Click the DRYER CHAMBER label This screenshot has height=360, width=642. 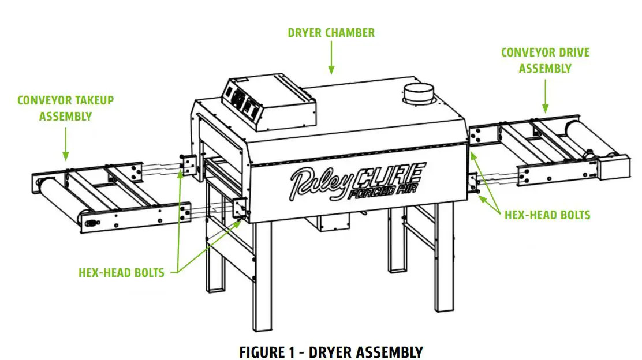click(x=331, y=32)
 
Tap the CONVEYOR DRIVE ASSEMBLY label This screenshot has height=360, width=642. click(x=545, y=60)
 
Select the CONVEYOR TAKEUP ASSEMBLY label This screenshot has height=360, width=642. click(x=65, y=108)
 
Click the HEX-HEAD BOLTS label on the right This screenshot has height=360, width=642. click(x=547, y=215)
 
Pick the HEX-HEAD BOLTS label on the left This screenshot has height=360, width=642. click(x=121, y=272)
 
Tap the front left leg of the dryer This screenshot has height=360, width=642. click(x=262, y=277)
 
